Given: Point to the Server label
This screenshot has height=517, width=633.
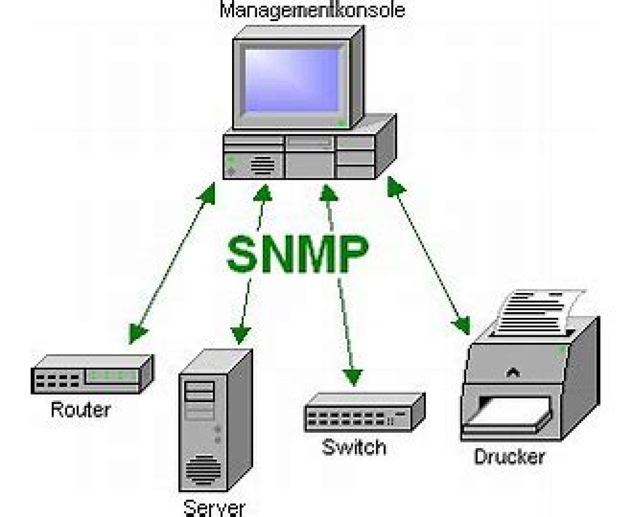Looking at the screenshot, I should (x=214, y=508).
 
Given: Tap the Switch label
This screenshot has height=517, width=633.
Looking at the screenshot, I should (x=354, y=447).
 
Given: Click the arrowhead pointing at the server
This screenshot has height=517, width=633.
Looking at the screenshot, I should (x=241, y=333).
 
